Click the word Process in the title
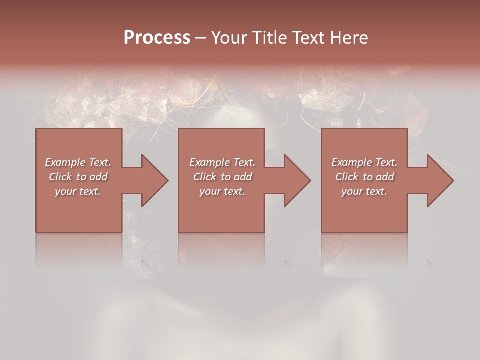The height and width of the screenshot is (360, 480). coord(157,38)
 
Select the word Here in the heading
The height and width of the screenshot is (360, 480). coord(350,38)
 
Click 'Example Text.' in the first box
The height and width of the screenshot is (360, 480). coord(78,162)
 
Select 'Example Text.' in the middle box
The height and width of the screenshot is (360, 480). coord(222,162)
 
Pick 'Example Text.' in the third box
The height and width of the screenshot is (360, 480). coord(364,162)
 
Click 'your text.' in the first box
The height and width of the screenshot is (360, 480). coord(78,191)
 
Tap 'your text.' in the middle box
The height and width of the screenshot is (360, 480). coord(222,191)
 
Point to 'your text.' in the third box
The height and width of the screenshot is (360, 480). coord(364,191)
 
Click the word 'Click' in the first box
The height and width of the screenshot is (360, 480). coord(60,177)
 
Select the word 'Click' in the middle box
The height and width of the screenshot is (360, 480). coord(205,177)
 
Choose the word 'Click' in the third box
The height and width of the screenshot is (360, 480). coord(347,177)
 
